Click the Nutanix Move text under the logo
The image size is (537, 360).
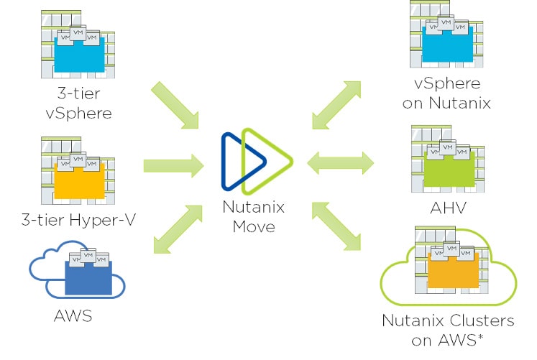(x=253, y=217)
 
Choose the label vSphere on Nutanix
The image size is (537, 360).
(x=446, y=94)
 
